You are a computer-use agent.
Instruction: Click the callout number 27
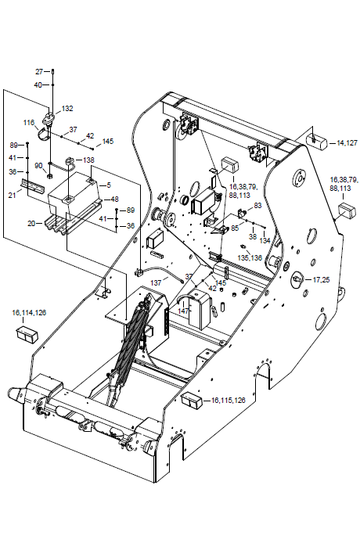[x=39, y=71]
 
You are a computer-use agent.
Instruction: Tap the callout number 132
[x=67, y=109]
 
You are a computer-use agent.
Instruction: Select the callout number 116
[x=29, y=122]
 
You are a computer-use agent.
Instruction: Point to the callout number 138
[x=88, y=160]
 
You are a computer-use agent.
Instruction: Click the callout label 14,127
[x=347, y=142]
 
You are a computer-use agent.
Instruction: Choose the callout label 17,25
[x=321, y=280]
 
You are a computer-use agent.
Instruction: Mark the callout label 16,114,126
[x=29, y=312]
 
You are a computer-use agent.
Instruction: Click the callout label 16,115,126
[x=228, y=401]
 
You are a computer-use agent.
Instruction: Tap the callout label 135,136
[x=250, y=258]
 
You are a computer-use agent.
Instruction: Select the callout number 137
[x=157, y=282]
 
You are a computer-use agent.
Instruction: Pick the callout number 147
[x=183, y=311]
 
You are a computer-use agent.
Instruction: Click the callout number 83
[x=258, y=206]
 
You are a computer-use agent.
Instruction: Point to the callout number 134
[x=265, y=241]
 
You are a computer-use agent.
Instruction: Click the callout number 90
[x=38, y=166]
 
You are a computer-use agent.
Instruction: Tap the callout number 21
[x=13, y=195]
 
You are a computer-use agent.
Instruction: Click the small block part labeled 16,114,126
[x=27, y=333]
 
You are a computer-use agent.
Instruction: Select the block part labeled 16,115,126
[x=192, y=400]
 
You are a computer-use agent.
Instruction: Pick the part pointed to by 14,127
[x=317, y=141]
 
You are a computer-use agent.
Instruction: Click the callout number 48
[x=115, y=200]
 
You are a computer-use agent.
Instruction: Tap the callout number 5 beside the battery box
[x=109, y=185]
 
